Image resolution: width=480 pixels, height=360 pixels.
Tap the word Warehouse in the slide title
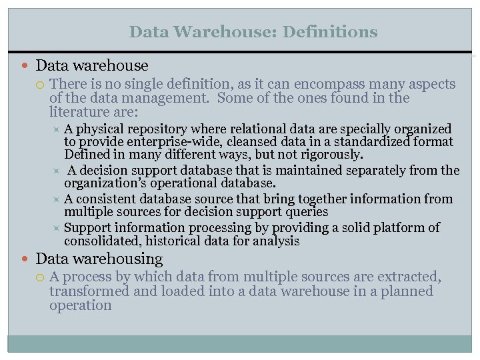click(x=223, y=31)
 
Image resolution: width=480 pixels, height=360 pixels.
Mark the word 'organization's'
click(x=105, y=183)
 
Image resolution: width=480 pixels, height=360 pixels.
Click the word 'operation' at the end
click(x=80, y=305)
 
